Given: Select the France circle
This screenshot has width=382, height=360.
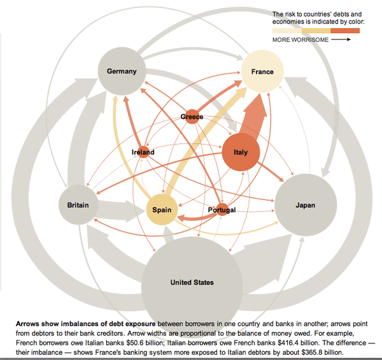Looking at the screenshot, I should point(262,71).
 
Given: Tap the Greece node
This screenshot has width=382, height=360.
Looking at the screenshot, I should point(192,117).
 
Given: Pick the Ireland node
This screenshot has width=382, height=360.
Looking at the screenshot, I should point(143,152).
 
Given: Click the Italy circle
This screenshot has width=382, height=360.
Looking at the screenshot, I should point(241,152).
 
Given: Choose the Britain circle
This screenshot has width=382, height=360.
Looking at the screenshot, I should point(78,205).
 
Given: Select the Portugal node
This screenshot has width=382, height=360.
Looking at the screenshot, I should point(222,210).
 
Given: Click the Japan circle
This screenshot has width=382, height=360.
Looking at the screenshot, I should point(305,205).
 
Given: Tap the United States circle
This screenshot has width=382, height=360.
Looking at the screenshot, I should point(192,282).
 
